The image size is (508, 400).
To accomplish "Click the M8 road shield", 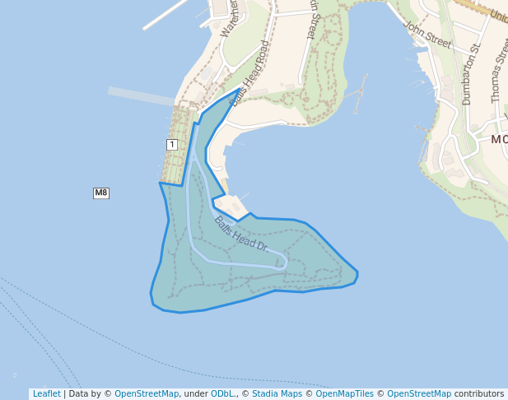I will (100, 193).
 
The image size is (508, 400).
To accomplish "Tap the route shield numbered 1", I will (171, 145).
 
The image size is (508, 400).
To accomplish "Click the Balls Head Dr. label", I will (241, 234).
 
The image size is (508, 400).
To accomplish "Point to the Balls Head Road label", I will (250, 74).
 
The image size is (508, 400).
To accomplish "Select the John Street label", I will (428, 34).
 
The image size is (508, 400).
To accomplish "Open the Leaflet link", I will (46, 393).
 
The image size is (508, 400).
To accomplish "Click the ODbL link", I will (221, 393).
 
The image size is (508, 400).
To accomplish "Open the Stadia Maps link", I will (277, 393).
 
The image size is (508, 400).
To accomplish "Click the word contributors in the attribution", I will (479, 393).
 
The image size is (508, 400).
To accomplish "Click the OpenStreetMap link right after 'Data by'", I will (147, 393).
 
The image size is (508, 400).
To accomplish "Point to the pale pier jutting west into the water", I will (140, 95).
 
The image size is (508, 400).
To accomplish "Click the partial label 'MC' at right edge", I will (499, 139).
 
